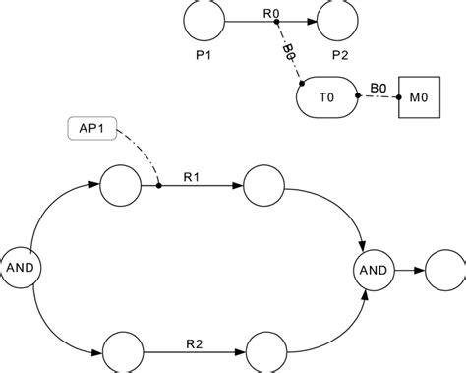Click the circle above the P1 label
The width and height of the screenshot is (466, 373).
204,20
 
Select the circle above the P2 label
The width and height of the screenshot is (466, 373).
339,20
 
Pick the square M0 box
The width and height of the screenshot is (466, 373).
418,98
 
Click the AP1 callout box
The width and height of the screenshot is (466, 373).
92,129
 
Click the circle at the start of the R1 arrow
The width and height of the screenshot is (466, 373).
120,185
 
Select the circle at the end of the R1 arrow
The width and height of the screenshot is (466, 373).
262,185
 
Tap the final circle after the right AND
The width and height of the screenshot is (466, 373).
443,268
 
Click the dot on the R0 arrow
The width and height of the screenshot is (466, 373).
275,21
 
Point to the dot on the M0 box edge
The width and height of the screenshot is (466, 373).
397,97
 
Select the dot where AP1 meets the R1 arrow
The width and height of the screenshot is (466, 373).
158,185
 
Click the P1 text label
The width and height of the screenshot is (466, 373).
204,55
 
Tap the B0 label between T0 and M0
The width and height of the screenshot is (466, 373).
377,87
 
